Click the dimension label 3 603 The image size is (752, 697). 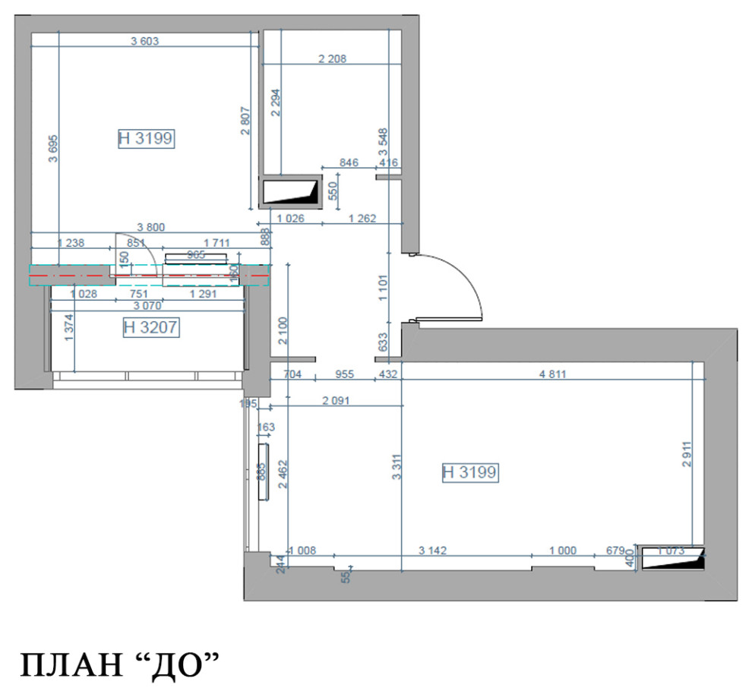144,42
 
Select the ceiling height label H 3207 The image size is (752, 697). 150,328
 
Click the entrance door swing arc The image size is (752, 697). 463,277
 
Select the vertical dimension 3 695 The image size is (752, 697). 52,154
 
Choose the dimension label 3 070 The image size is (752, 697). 150,306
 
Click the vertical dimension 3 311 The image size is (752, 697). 397,465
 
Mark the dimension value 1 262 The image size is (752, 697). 363,219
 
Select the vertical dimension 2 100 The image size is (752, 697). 282,330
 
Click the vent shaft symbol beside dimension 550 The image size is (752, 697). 289,191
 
